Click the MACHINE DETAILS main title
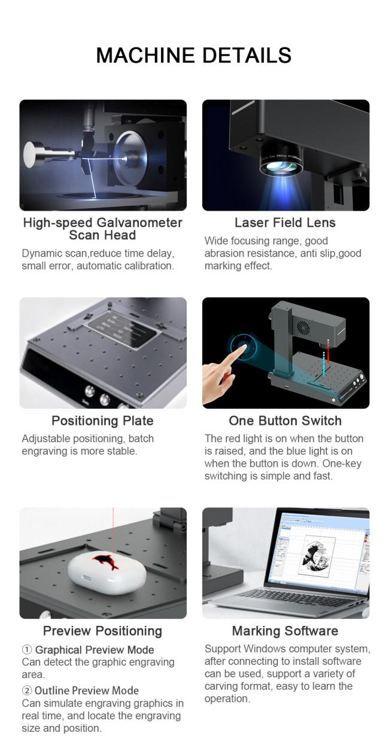[x=194, y=55]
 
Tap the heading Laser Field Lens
[x=285, y=223]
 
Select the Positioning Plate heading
[x=102, y=421]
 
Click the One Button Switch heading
[x=285, y=421]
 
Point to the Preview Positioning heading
[x=102, y=631]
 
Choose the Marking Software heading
[x=285, y=631]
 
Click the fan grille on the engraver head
[x=303, y=328]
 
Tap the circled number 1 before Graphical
[x=26, y=649]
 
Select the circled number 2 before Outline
[x=26, y=691]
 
